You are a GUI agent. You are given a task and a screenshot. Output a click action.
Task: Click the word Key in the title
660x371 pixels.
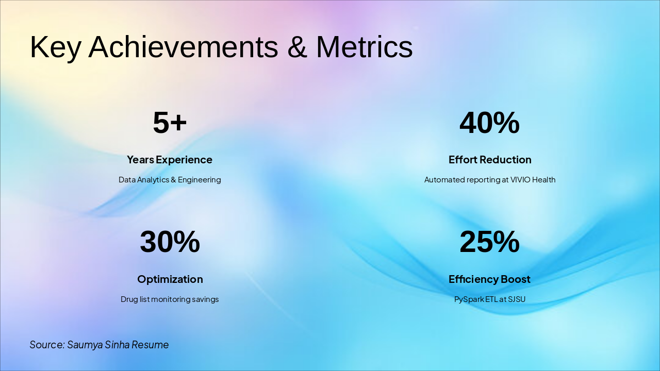[55, 47]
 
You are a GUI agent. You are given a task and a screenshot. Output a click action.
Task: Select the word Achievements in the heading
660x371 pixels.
[183, 47]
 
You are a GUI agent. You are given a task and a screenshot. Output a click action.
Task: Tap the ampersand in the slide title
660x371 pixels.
[297, 47]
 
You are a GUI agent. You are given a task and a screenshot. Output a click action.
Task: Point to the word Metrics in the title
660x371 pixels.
[364, 47]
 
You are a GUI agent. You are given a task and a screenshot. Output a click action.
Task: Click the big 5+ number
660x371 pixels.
[170, 123]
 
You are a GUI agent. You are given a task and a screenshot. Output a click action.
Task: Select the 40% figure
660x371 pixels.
[489, 123]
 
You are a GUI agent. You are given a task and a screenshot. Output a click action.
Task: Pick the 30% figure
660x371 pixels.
[170, 242]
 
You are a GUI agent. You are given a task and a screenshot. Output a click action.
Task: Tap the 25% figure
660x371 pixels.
[489, 242]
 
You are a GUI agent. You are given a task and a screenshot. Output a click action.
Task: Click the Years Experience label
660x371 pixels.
[170, 160]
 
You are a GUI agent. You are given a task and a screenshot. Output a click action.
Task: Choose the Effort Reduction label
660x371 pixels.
[490, 160]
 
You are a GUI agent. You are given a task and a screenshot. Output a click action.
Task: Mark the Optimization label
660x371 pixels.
[170, 279]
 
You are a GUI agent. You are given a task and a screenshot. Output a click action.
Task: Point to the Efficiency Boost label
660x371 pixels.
[489, 279]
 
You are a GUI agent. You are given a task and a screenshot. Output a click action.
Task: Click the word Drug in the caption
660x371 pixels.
[129, 299]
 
